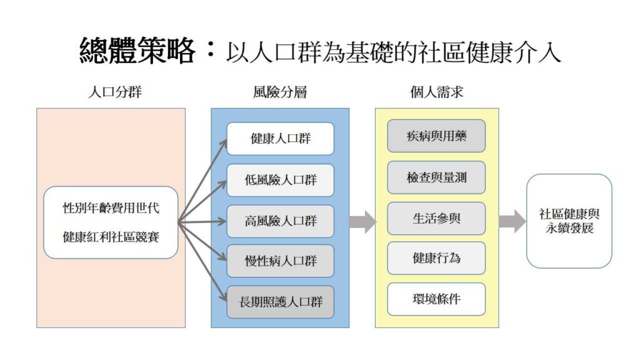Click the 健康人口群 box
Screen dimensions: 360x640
point(280,139)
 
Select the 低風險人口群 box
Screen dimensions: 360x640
point(280,180)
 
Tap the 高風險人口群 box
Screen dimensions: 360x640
point(280,221)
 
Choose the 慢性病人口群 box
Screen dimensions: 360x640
point(280,261)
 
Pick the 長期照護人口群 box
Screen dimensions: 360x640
point(280,302)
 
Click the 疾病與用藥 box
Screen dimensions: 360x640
point(436,136)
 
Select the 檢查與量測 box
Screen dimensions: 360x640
point(436,177)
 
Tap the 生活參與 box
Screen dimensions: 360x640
point(436,218)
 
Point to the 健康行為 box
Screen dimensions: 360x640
point(436,257)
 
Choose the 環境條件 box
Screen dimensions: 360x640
point(436,299)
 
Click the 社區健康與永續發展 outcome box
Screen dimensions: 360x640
point(569,221)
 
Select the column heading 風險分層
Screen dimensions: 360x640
point(280,92)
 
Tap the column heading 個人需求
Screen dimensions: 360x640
point(436,92)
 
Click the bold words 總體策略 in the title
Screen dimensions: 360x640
point(137,50)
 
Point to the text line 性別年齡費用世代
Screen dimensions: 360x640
point(111,207)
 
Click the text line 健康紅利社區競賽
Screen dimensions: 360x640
point(111,237)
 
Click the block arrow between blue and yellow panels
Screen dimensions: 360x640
point(362,221)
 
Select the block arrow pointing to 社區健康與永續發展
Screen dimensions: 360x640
point(512,221)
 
